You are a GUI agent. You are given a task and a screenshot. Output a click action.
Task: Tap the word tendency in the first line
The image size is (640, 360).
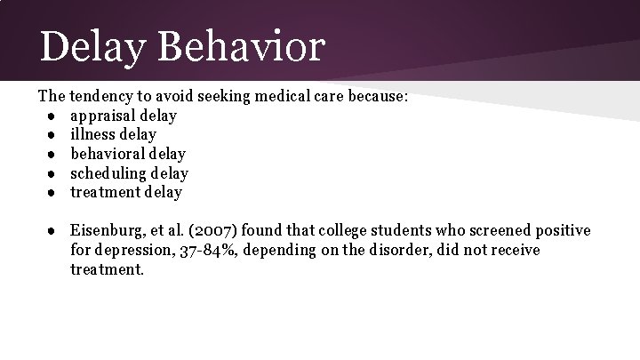point(103,97)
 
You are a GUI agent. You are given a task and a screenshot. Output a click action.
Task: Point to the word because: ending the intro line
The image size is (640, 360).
point(377,97)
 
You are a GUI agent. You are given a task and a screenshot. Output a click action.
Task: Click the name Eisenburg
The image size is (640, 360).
point(108,231)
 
